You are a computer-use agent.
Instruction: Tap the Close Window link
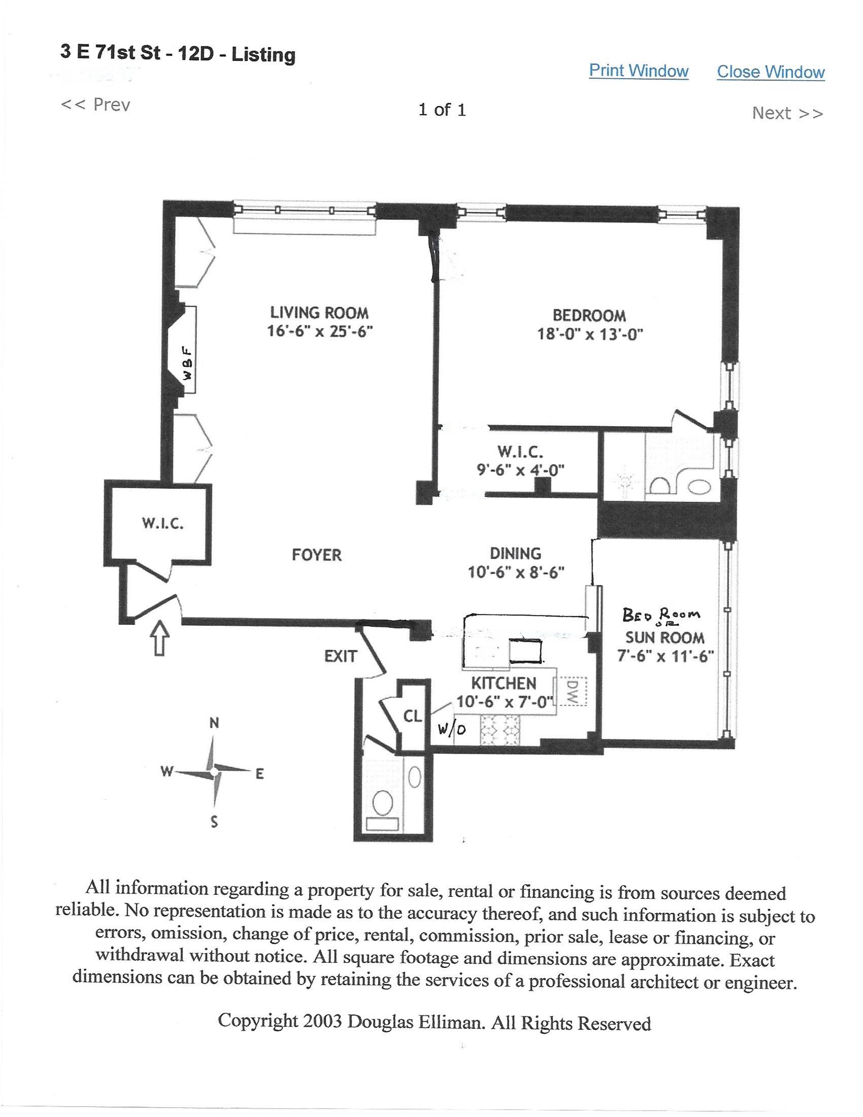coord(770,71)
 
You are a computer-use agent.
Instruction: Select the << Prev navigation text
coord(96,105)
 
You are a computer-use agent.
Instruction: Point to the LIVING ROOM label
coord(319,312)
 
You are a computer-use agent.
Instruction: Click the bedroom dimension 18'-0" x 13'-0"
coord(589,334)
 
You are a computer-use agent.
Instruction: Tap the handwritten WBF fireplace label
coord(187,363)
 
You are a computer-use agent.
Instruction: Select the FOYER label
coord(316,555)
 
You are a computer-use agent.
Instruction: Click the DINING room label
coord(515,553)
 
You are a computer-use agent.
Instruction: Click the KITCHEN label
coord(503,683)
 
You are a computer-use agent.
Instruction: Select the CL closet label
coord(412,716)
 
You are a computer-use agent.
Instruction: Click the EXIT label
coord(340,656)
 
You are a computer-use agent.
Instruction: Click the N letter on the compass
coord(214,723)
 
